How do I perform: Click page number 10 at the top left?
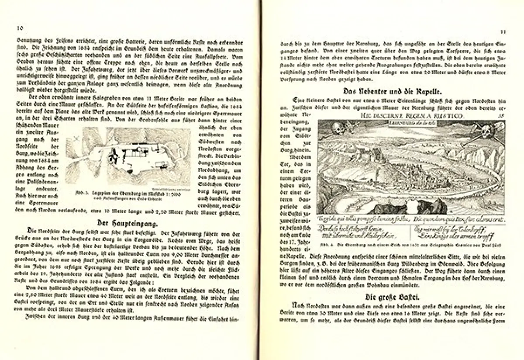20,28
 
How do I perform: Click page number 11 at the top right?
503,31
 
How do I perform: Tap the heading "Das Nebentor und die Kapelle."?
392,92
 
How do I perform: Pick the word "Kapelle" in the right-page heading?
426,92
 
